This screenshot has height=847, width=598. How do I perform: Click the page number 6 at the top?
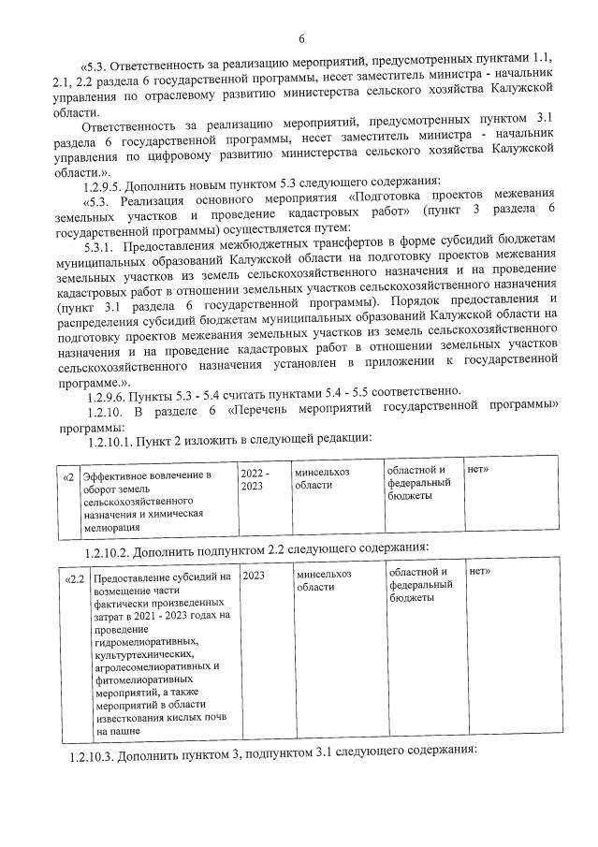coord(301,38)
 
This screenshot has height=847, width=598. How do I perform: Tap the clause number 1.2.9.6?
coord(108,389)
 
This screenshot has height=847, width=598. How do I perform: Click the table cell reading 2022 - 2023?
coord(255,480)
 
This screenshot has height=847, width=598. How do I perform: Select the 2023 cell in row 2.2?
coord(253,577)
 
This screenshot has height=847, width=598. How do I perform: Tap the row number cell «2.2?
coord(75,577)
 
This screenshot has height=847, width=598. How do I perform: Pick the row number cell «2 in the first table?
coord(68,476)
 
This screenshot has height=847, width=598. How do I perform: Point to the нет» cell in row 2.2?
coord(479,570)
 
